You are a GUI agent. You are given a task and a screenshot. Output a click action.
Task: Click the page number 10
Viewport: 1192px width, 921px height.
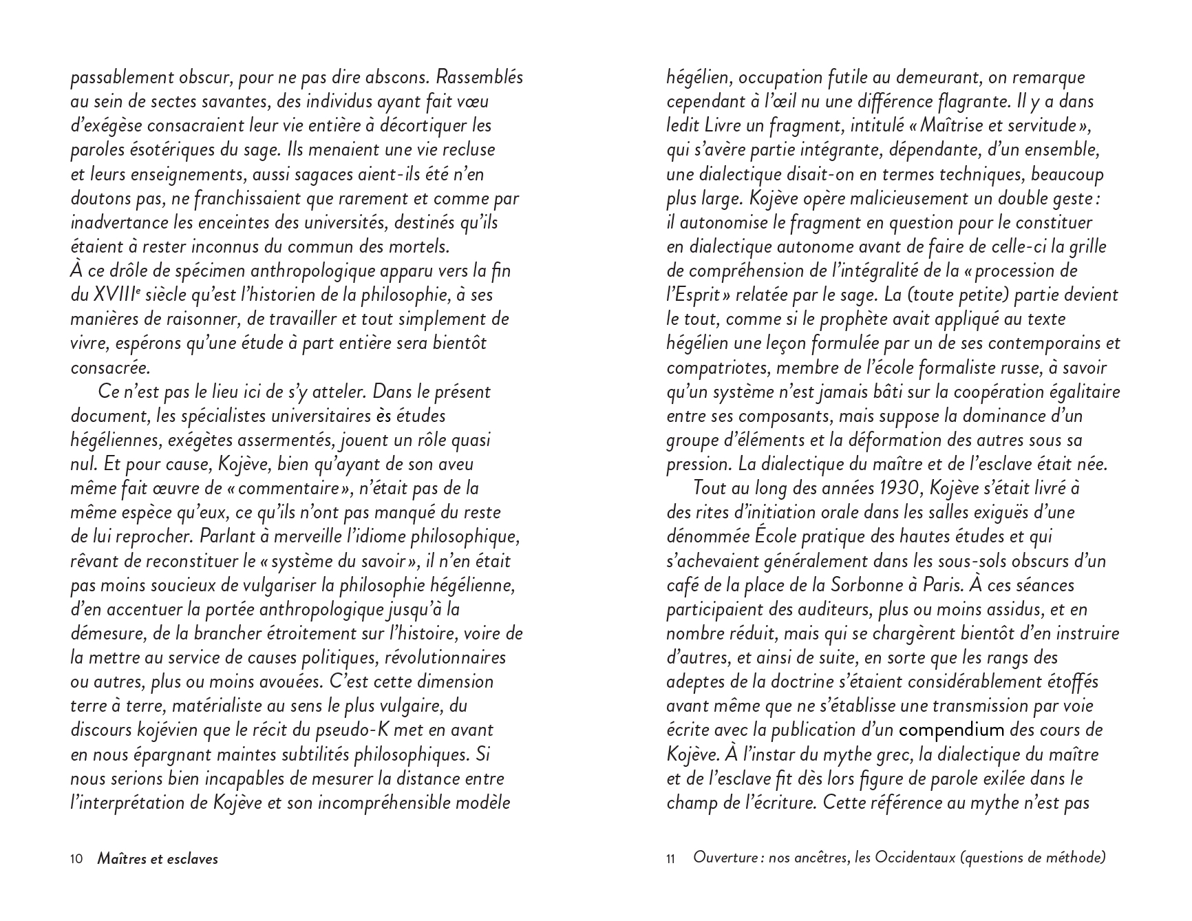76,858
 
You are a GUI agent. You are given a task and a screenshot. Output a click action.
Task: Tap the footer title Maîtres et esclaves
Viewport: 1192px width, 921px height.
158,858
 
